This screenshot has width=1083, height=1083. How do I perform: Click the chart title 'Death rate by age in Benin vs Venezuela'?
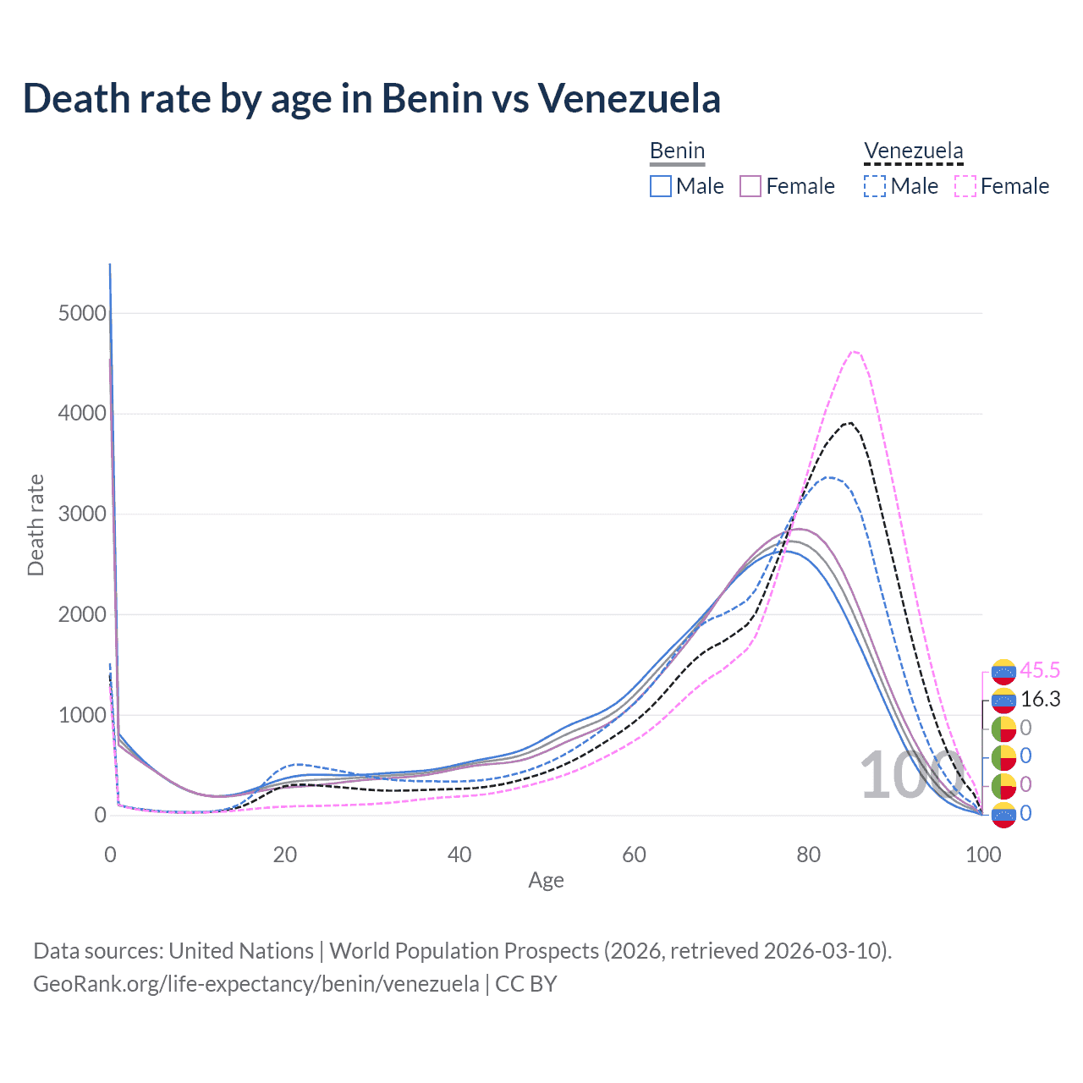(371, 98)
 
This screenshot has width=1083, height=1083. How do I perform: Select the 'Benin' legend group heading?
(677, 151)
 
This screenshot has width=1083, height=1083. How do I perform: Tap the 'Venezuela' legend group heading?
(913, 151)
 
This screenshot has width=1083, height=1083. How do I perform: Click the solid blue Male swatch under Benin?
(661, 186)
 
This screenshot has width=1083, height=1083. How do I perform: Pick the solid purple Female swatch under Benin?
(751, 186)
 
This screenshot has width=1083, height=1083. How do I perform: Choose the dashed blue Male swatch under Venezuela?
(875, 186)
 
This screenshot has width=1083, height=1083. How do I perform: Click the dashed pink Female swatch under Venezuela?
(965, 186)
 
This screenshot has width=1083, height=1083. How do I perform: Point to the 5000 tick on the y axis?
(83, 313)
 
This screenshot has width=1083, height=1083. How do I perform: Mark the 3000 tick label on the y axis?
(83, 514)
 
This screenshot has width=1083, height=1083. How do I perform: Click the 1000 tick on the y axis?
(83, 715)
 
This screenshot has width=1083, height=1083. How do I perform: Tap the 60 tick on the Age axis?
(634, 855)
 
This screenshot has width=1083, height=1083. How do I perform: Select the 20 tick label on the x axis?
(285, 855)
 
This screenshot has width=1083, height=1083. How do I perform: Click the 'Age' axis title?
(546, 881)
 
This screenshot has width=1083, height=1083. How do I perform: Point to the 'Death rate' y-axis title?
(36, 525)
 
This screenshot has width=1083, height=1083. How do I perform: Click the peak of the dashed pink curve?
(855, 351)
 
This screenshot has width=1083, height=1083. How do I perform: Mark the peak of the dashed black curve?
(849, 422)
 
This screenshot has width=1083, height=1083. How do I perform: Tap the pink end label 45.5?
(1040, 671)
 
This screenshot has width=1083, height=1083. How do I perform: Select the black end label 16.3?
(1040, 699)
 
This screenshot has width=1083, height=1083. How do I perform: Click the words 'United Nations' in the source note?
(241, 951)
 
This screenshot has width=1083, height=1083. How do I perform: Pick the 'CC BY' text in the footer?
(526, 984)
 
